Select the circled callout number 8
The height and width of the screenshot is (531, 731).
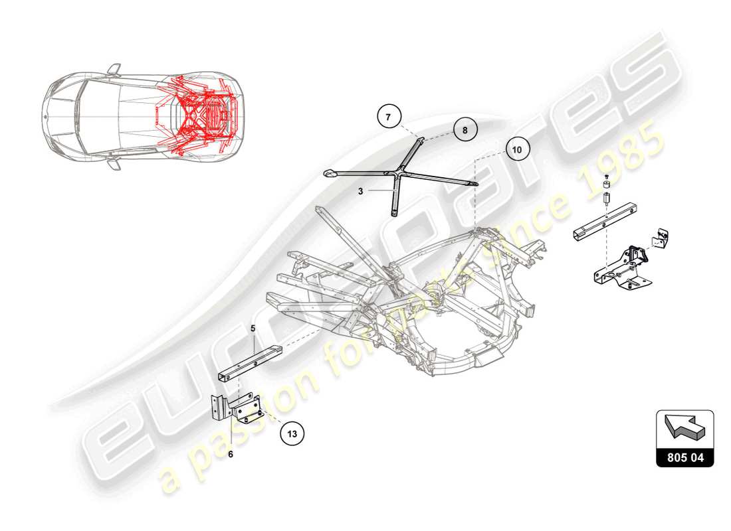pyautogui.click(x=465, y=131)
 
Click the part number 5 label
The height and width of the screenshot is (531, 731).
pyautogui.click(x=253, y=328)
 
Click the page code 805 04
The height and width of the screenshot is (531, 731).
pyautogui.click(x=685, y=457)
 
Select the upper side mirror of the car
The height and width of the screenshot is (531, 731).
pyautogui.click(x=114, y=68)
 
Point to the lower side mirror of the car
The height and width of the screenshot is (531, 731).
pyautogui.click(x=114, y=163)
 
